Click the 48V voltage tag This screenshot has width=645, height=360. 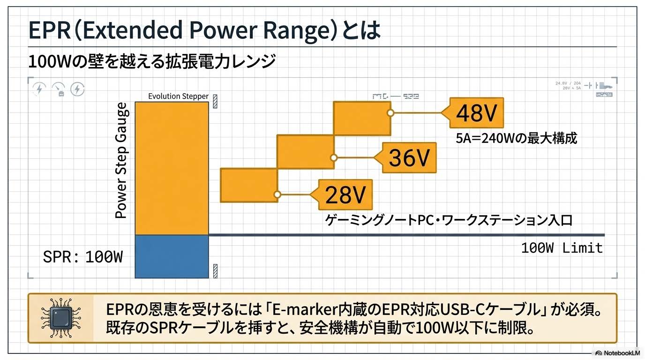pos(476,113)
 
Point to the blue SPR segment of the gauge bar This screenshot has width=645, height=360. pos(172,256)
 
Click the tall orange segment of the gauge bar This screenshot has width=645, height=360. pos(172,168)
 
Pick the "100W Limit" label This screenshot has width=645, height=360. pos(562,247)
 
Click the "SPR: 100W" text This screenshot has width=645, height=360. pos(82,257)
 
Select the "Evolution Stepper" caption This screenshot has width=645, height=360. pos(178,96)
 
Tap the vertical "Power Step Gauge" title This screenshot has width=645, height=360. pos(121,161)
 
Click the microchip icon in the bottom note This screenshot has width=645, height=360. pos(60,318)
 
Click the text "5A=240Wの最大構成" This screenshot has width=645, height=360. pos(517,138)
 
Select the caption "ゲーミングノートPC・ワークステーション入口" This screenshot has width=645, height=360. pos(449,220)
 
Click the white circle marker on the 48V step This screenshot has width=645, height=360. pos(390,113)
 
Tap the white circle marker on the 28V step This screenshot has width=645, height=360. pos(277,194)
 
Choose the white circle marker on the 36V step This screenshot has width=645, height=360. pos(334,158)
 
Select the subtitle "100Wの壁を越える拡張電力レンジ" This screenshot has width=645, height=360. pos(151,61)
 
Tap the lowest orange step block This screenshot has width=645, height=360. pos(249,185)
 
